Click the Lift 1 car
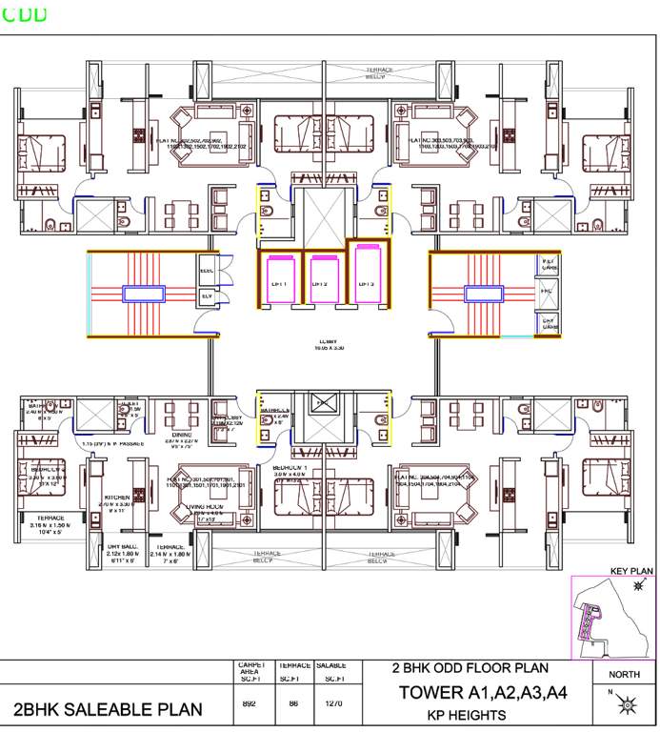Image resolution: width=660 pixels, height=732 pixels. coord(280,279)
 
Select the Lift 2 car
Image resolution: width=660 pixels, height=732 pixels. coord(323,279)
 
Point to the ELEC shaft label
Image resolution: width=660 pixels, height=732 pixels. coord(207,270)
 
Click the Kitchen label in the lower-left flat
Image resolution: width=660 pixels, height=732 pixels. coord(116,498)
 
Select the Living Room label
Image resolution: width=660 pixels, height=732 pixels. coord(203,507)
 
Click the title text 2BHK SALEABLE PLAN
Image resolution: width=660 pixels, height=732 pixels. coord(108,708)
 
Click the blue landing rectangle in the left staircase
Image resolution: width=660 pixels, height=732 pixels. coord(142,294)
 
